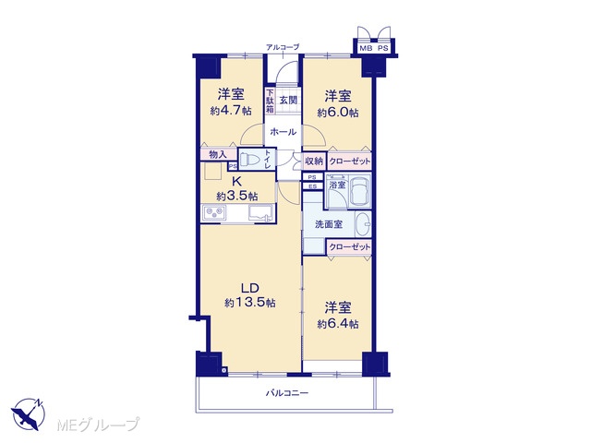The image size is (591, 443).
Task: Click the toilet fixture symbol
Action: tap(250, 160)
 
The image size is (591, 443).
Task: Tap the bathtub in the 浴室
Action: tap(359, 191)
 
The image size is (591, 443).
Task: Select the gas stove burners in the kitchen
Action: tap(214, 213)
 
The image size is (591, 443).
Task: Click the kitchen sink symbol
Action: tap(260, 213)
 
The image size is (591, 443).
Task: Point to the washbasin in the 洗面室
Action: tap(363, 224)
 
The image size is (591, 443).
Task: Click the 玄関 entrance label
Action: tap(289, 101)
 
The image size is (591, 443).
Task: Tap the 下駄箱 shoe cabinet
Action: tap(270, 101)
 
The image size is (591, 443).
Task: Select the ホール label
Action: tap(283, 132)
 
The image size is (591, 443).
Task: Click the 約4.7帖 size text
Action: tap(231, 111)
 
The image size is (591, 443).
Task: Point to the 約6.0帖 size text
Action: tap(338, 113)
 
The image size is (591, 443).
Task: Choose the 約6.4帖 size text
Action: tap(338, 324)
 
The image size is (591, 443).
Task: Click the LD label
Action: tap(250, 288)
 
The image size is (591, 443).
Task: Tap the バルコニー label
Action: tap(287, 393)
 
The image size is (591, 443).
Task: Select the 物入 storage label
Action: tap(217, 154)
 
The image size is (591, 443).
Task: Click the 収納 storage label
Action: tap(314, 162)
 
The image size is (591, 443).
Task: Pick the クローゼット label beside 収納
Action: tap(350, 162)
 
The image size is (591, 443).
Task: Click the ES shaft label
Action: tap(312, 186)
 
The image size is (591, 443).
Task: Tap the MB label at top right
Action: tap(366, 48)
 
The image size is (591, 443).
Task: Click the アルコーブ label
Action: tap(283, 47)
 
